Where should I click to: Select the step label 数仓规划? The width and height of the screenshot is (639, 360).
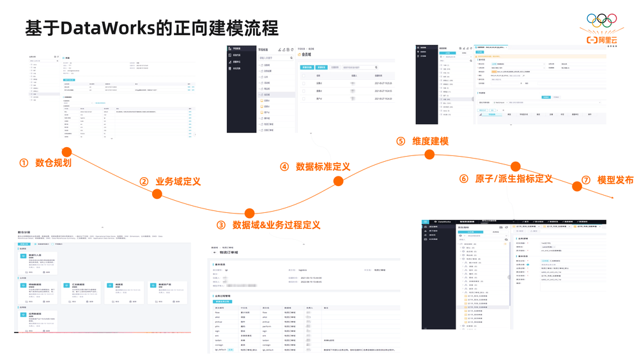point(53,162)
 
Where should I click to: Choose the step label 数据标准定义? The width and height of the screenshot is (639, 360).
point(323,166)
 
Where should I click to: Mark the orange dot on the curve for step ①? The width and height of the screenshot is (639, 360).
point(66,152)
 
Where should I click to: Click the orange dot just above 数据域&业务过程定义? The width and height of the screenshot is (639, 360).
point(249,213)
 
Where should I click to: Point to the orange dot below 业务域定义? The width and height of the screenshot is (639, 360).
point(157,194)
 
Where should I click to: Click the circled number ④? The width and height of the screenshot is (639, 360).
point(284,166)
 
